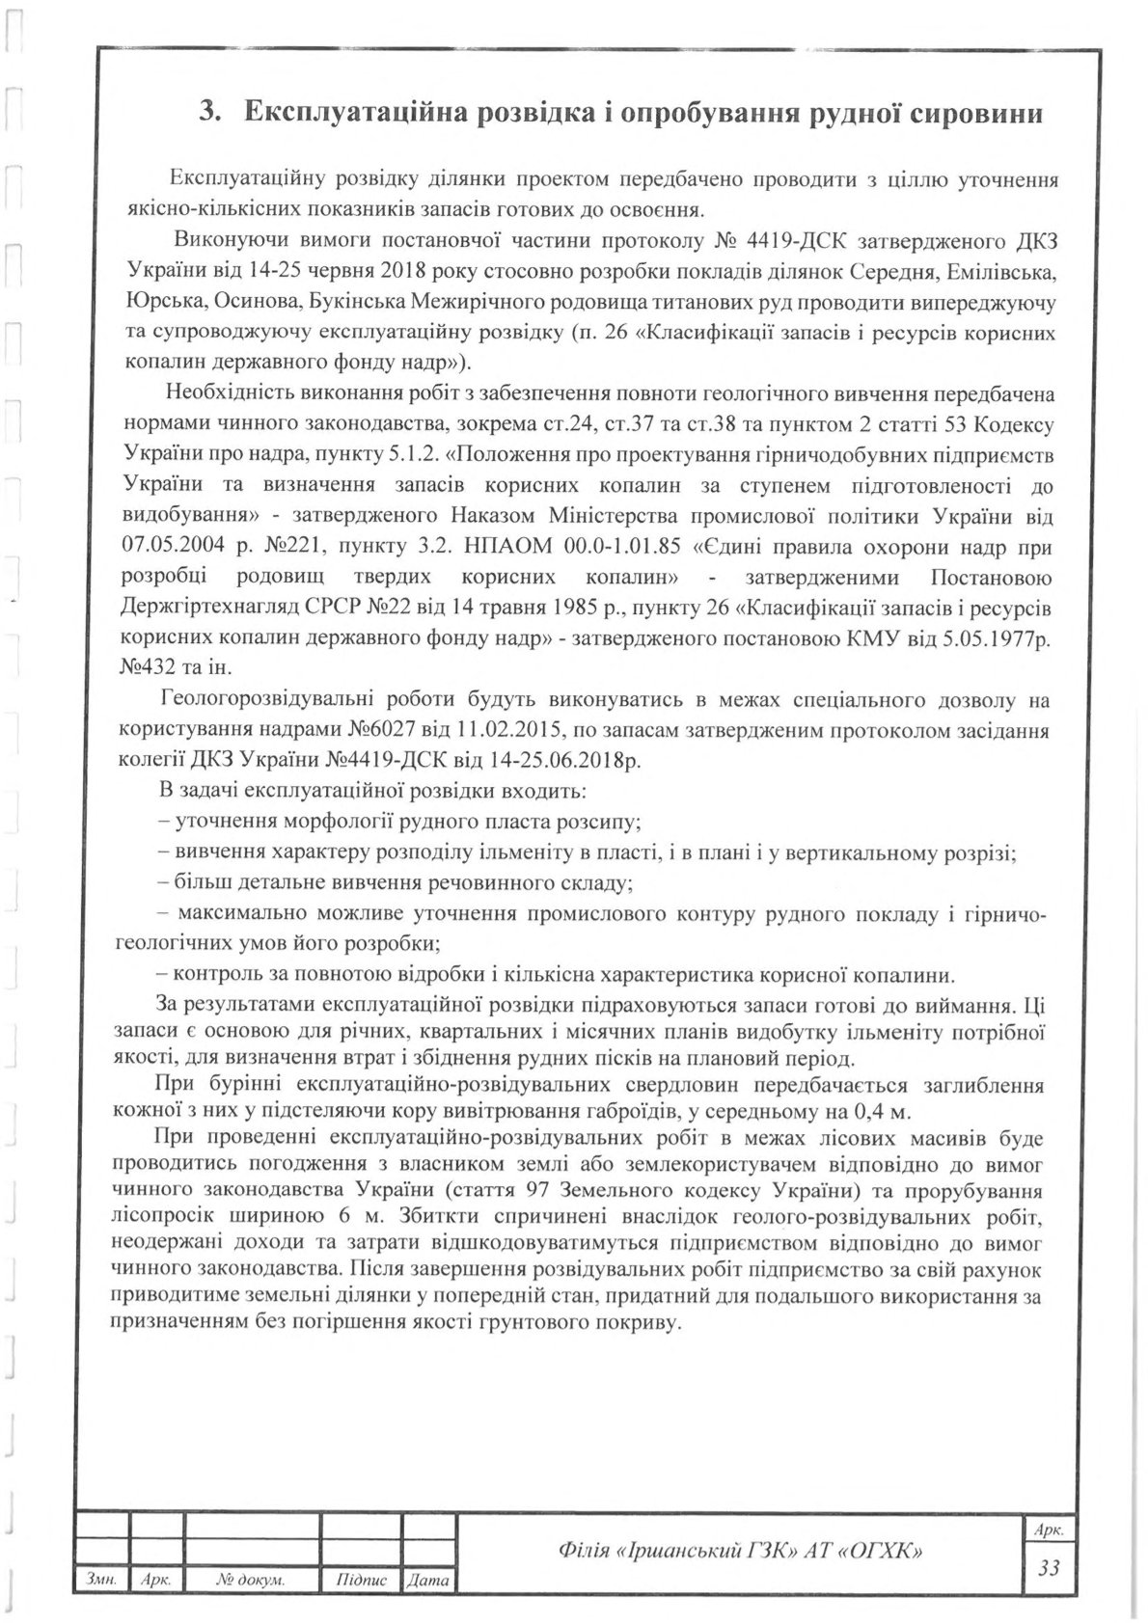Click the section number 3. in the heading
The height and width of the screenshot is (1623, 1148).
coord(210,112)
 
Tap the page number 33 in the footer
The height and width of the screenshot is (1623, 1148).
coord(1049,1567)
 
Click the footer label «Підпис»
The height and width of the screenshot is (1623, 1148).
coord(362,1581)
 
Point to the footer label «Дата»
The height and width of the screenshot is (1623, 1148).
coord(429,1581)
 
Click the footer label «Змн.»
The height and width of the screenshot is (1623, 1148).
coord(101,1581)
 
